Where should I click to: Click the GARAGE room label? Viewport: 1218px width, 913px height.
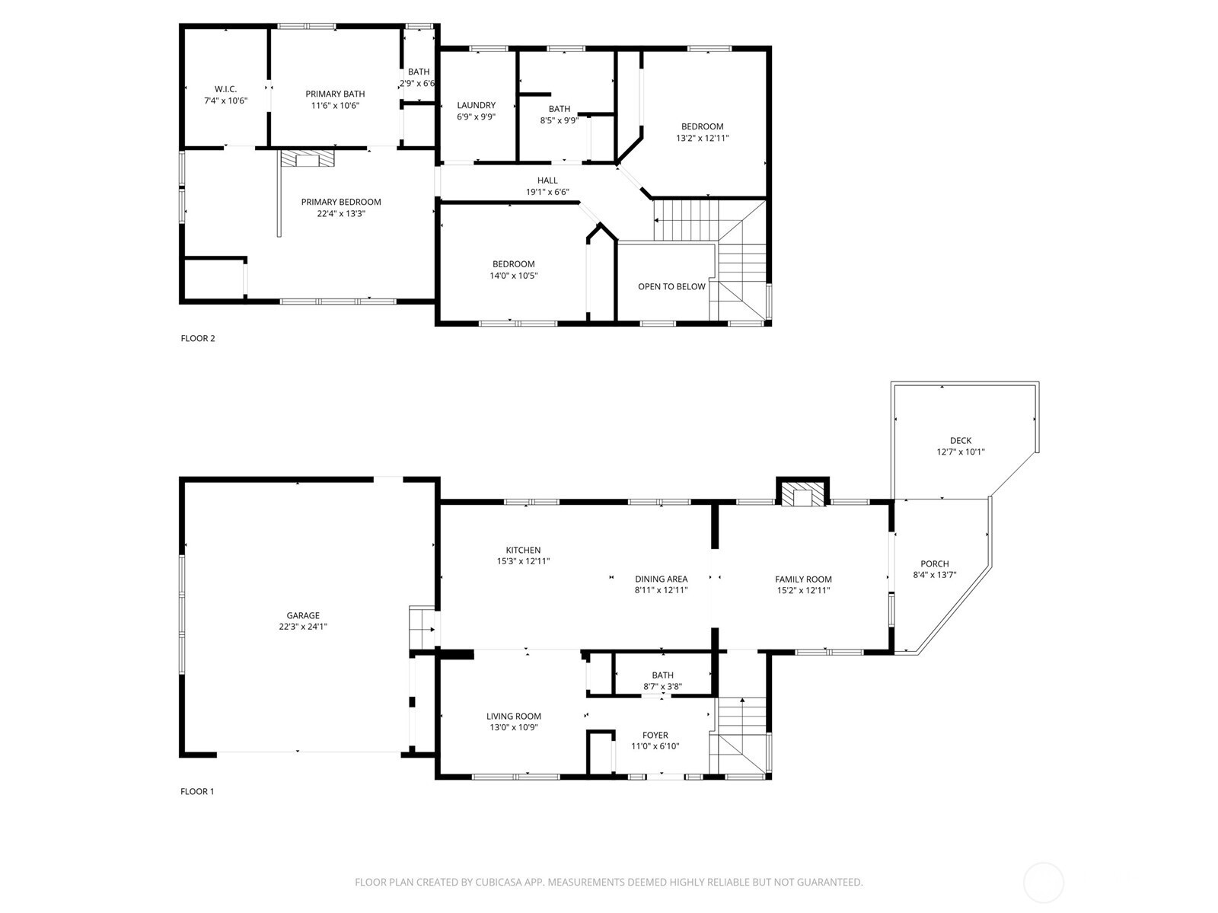point(303,615)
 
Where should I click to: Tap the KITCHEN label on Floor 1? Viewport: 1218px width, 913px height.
point(523,550)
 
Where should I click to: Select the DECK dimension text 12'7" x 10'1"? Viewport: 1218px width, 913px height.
point(961,452)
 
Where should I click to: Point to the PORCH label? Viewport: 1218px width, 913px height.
point(935,563)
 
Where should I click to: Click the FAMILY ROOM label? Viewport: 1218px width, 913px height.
point(803,579)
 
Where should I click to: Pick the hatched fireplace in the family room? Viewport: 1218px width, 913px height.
point(802,494)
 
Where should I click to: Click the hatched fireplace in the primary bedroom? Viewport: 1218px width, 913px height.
point(308,158)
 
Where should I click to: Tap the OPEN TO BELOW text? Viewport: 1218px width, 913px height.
point(671,286)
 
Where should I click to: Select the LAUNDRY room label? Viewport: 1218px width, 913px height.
point(476,105)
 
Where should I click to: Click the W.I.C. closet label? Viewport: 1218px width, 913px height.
point(226,89)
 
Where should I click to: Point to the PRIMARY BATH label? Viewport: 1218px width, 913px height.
point(335,94)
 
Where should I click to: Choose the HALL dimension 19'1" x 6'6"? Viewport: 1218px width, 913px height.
point(547,192)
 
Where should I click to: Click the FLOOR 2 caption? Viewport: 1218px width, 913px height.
point(197,338)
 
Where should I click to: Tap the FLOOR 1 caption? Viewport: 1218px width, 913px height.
point(197,791)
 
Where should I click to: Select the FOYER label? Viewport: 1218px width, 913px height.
point(655,735)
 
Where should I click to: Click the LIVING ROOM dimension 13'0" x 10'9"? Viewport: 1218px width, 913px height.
point(514,727)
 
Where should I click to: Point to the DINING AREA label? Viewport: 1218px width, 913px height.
point(661,579)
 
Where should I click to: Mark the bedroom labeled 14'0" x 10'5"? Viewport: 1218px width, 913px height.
point(514,270)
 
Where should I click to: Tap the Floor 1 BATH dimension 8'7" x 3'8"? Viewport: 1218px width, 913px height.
point(662,687)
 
